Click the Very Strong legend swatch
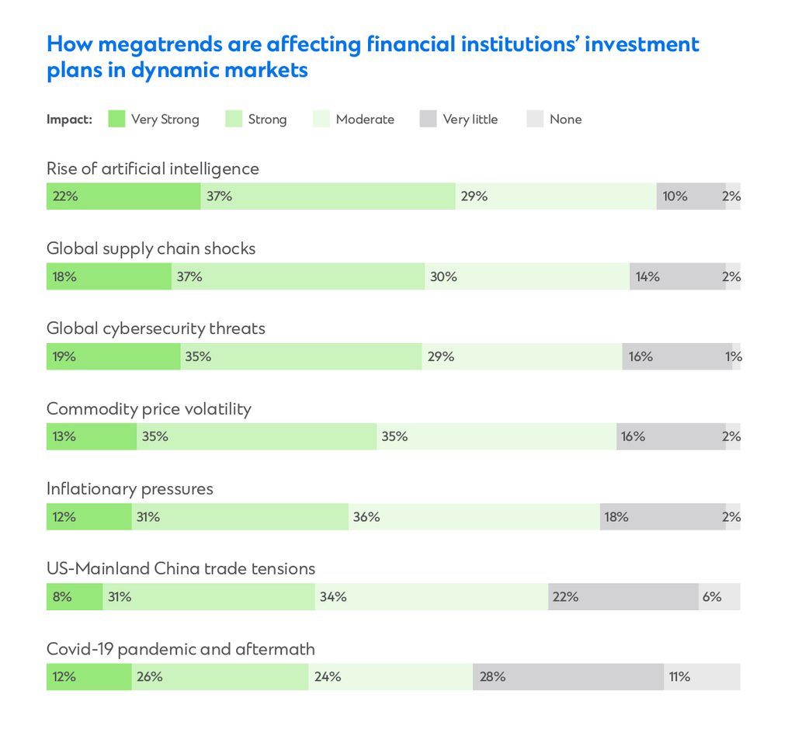(116, 119)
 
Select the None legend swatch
(535, 119)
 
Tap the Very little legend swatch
(428, 119)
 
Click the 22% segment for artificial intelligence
(123, 196)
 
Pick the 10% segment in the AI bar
(690, 196)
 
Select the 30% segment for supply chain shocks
(527, 276)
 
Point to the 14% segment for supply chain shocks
(677, 276)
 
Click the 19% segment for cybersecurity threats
(113, 357)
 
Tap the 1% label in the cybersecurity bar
(734, 357)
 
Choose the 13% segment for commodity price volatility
(91, 436)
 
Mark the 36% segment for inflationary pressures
(474, 516)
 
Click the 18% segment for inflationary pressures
(662, 516)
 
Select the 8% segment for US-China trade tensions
(74, 597)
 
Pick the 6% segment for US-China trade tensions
(719, 597)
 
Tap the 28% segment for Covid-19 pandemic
(568, 677)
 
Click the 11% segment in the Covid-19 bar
(701, 677)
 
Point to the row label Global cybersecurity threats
(155, 328)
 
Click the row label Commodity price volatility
(148, 409)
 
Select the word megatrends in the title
(159, 44)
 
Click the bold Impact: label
(69, 120)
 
